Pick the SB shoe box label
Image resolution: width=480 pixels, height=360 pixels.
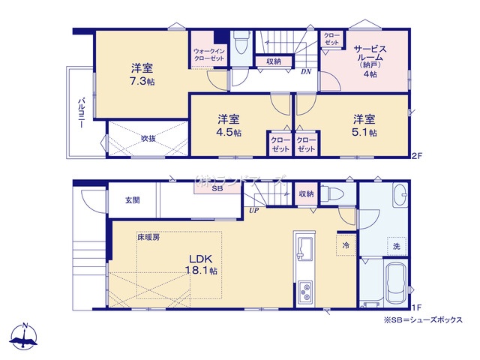pyautogui.click(x=217, y=188)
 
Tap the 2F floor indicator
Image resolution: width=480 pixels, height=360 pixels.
pyautogui.click(x=417, y=155)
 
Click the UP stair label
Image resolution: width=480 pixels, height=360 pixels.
pyautogui.click(x=254, y=210)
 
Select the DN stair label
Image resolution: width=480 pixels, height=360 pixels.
pyautogui.click(x=306, y=71)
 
